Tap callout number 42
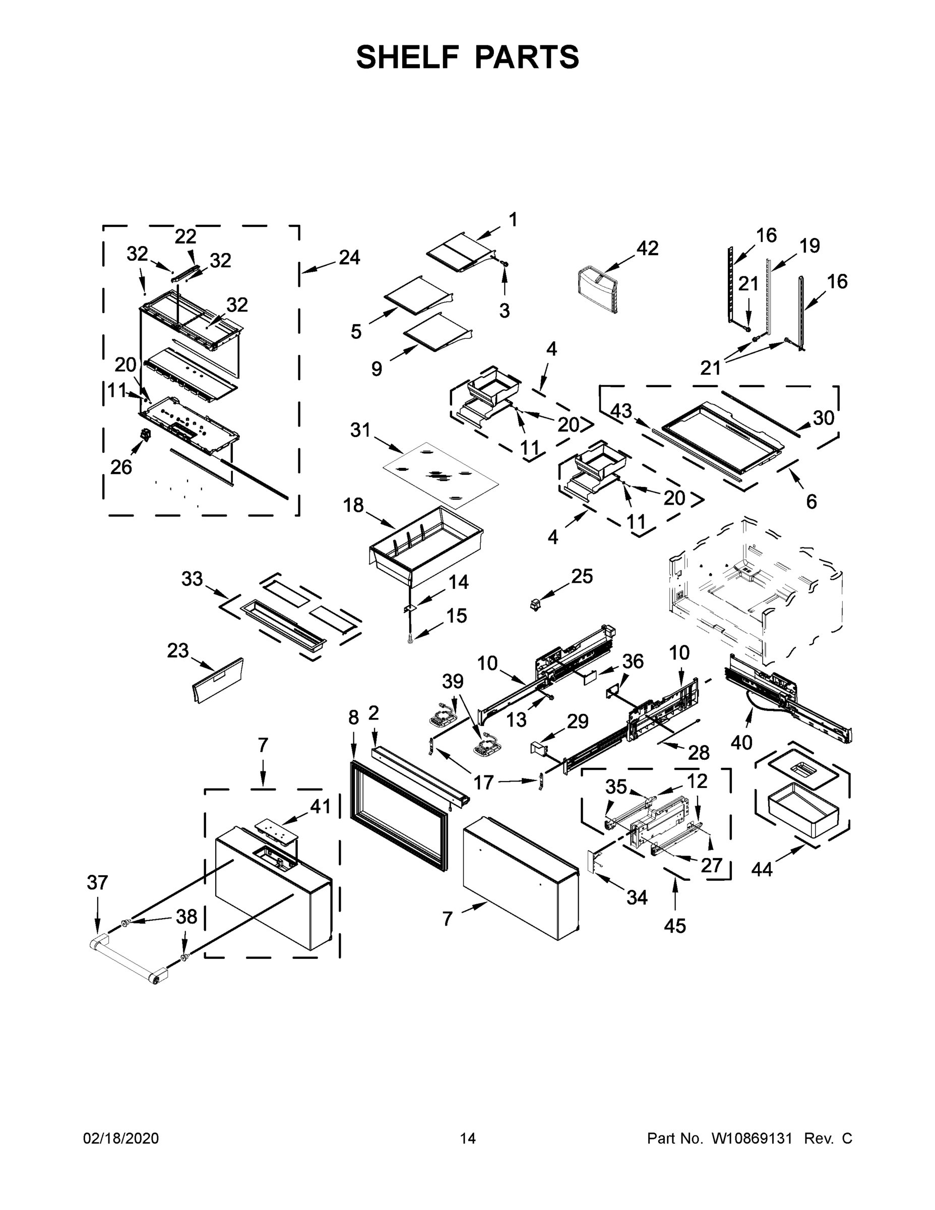pyautogui.click(x=647, y=248)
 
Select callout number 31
pyautogui.click(x=360, y=430)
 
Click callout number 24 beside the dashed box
pyautogui.click(x=349, y=257)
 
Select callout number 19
pyautogui.click(x=810, y=246)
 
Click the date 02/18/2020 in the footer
pyautogui.click(x=121, y=1138)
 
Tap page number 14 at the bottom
pyautogui.click(x=468, y=1138)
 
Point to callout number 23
pyautogui.click(x=178, y=650)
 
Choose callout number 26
pyautogui.click(x=121, y=467)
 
